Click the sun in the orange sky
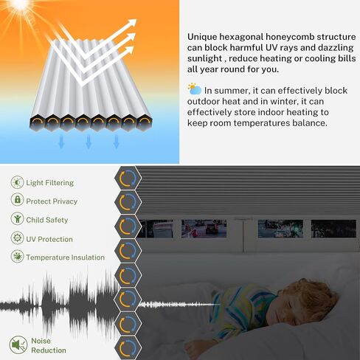point(20,4)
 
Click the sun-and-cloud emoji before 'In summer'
point(195,89)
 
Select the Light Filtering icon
point(17,182)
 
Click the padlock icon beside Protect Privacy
point(17,199)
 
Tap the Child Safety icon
point(17,218)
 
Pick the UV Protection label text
point(49,239)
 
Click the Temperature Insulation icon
point(17,256)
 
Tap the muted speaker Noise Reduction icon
point(18,345)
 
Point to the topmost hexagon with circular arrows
point(128,178)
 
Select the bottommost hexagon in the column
point(128,348)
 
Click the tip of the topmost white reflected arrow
point(136,20)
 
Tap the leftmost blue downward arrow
point(61,142)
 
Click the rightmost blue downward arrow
point(117,142)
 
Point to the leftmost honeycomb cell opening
point(37,122)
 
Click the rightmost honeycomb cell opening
point(145,122)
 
